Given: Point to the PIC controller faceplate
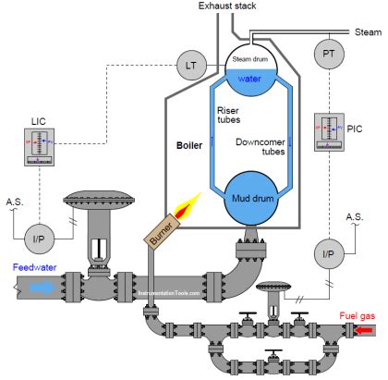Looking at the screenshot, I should (329, 131).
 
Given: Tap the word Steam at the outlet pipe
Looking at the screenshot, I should (368, 32).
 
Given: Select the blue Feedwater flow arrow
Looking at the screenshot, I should (42, 288).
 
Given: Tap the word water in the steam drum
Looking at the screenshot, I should (251, 80).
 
